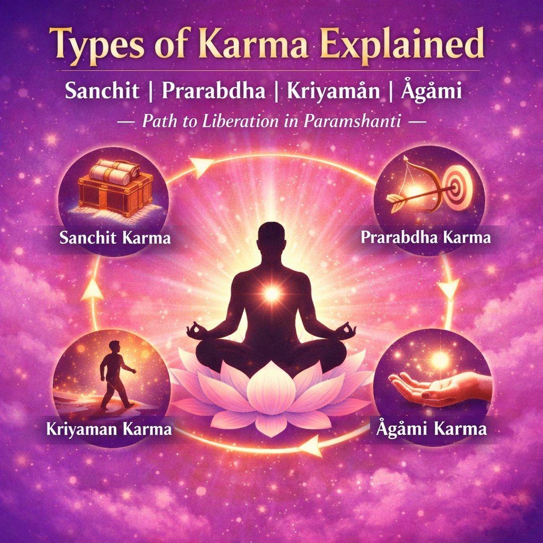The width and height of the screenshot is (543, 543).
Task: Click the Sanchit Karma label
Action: pos(115,237)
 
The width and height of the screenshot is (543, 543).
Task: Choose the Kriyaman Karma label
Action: pos(116,428)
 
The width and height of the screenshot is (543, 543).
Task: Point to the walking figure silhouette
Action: pos(116,374)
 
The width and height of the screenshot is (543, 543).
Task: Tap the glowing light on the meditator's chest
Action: pos(271,293)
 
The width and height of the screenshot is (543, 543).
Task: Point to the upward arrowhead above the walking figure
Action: pos(93,289)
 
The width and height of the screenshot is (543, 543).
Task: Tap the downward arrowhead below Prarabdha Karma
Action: pos(450,288)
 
